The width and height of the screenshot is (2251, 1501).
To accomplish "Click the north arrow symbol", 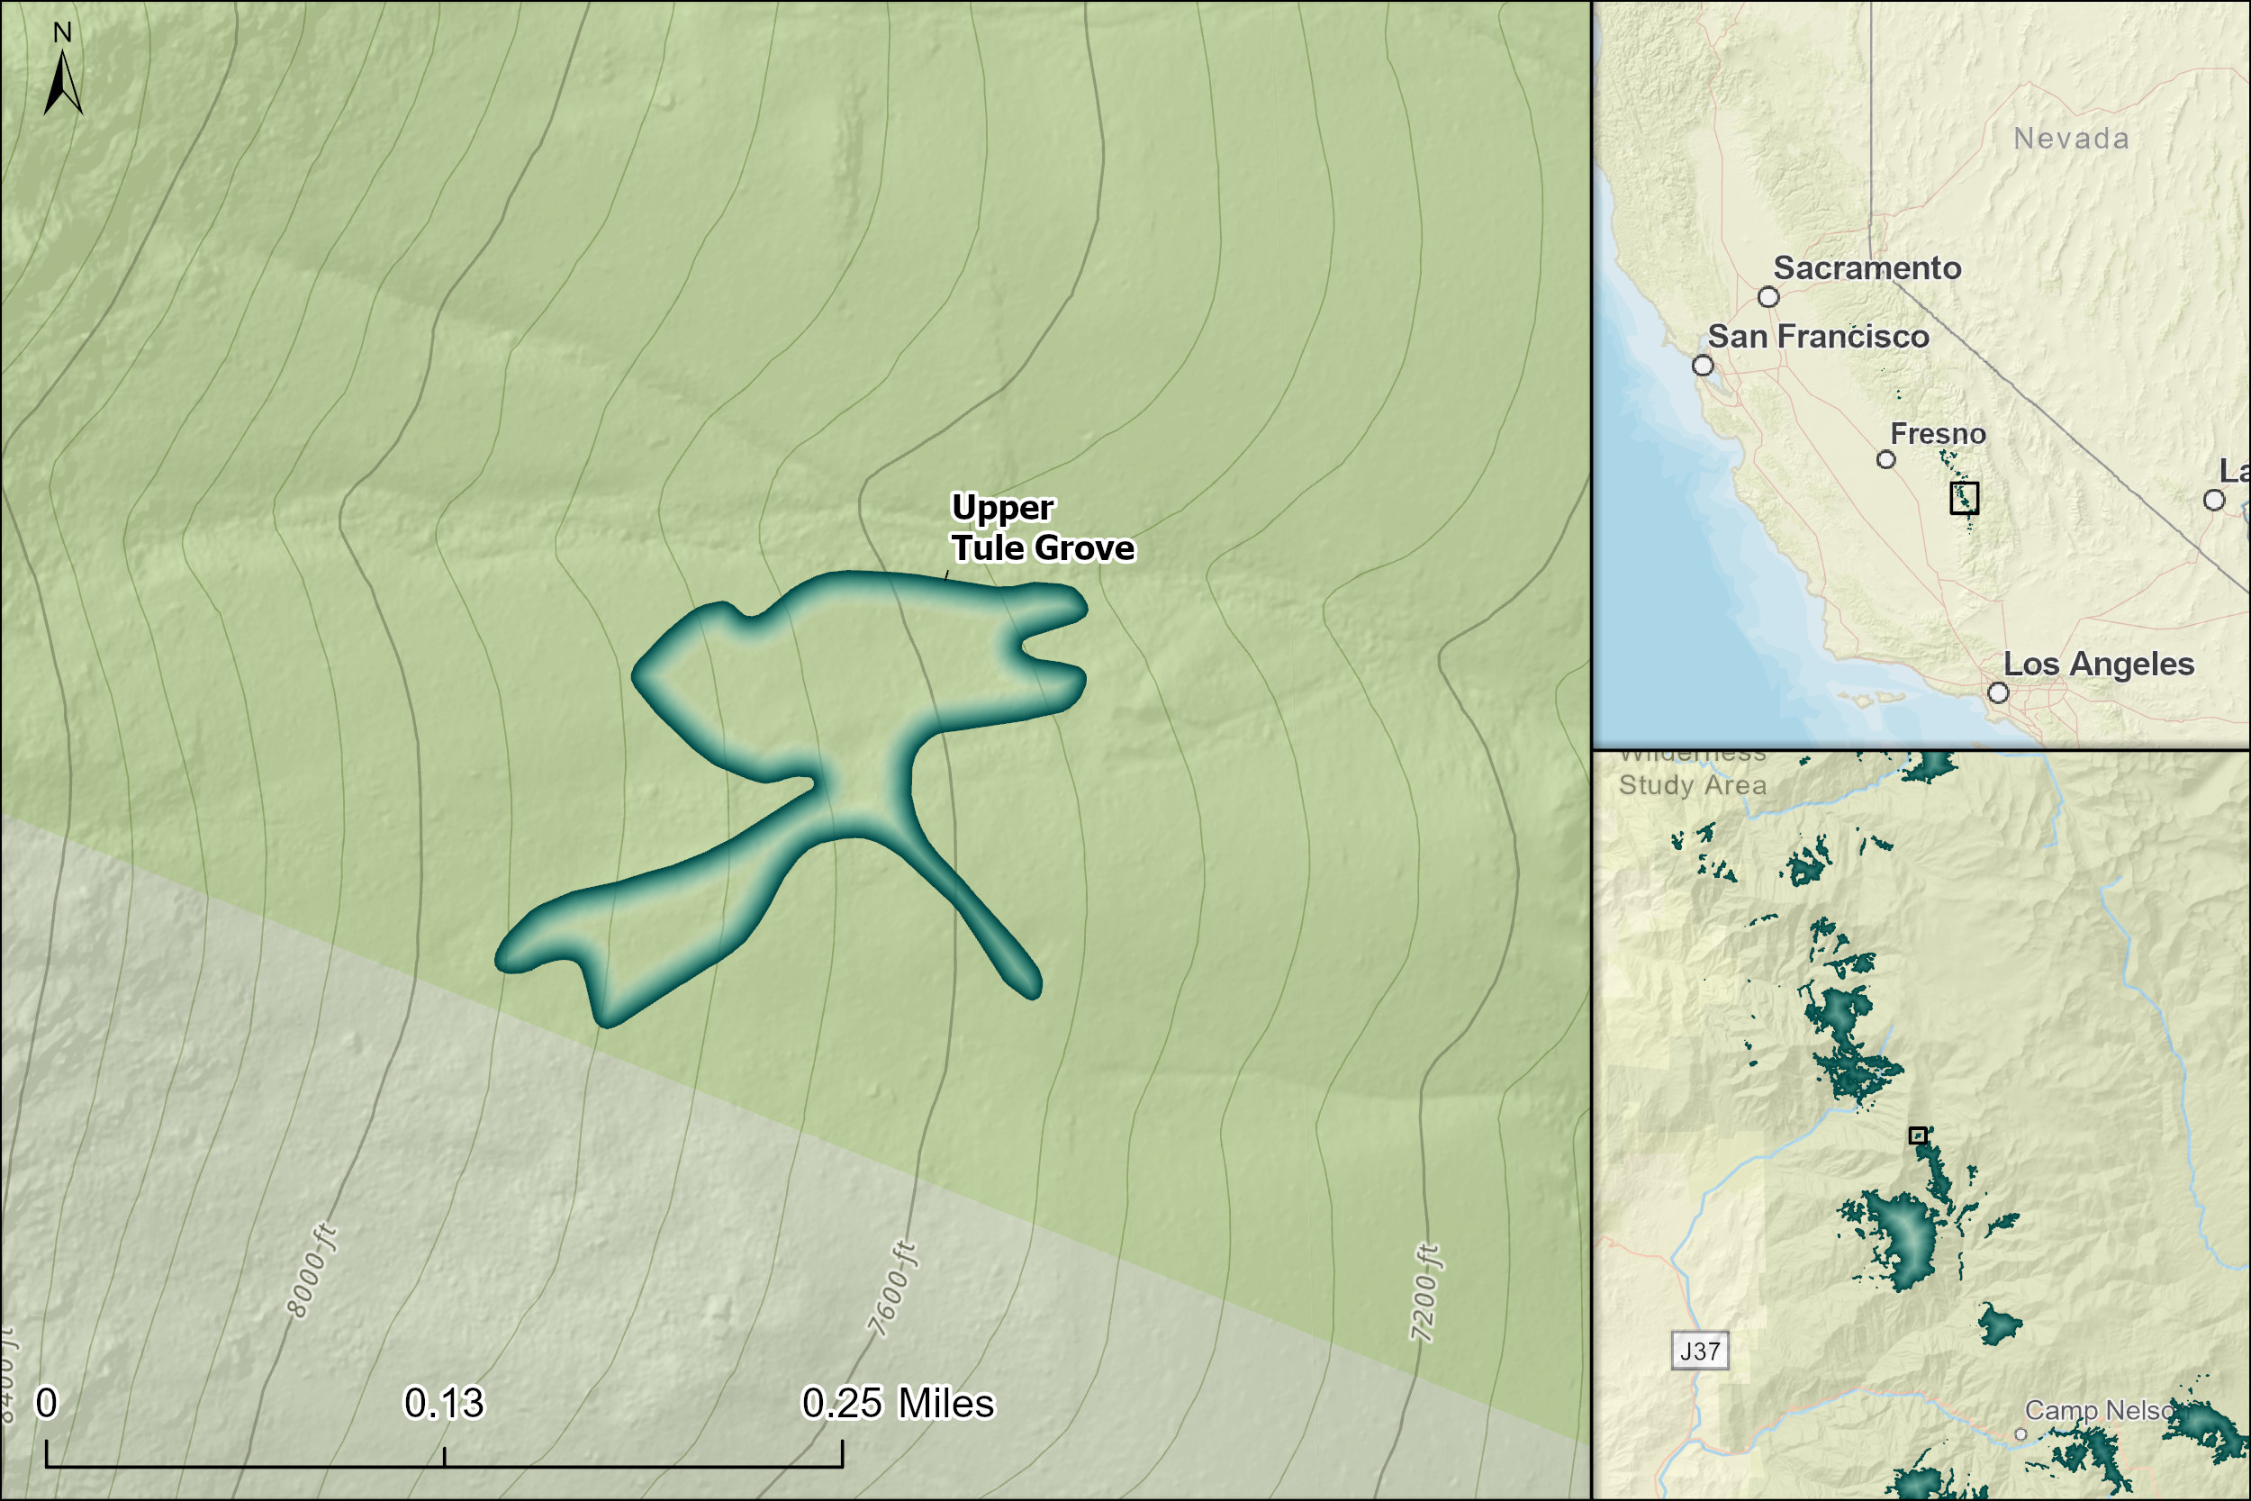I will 63,82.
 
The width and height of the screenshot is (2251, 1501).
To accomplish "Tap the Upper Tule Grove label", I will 1041,528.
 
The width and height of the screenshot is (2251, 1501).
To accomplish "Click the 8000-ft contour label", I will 312,1270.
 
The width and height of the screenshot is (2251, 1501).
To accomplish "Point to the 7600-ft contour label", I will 892,1289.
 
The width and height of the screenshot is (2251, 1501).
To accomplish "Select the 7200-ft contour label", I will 1424,1292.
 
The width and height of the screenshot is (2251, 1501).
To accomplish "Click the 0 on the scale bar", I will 46,1404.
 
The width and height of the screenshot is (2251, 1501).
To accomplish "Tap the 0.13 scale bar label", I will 444,1404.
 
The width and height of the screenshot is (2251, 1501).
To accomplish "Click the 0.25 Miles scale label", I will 898,1404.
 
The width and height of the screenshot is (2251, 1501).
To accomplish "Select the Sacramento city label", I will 1867,268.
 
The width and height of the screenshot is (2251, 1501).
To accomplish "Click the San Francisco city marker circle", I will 1703,366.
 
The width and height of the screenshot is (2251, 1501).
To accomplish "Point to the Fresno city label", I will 1938,434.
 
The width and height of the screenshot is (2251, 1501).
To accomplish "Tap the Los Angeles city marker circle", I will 1998,692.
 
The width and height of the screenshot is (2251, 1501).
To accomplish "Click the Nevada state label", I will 2071,139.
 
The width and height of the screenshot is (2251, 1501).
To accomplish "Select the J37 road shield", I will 1700,1351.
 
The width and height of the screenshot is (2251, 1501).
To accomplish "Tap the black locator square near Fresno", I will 1964,498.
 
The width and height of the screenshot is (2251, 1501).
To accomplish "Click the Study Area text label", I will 1692,785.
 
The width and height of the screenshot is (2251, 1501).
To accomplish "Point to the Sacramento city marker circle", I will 1768,297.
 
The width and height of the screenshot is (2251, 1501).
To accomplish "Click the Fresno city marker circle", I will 1886,459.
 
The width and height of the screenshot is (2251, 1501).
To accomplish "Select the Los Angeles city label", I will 2098,664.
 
